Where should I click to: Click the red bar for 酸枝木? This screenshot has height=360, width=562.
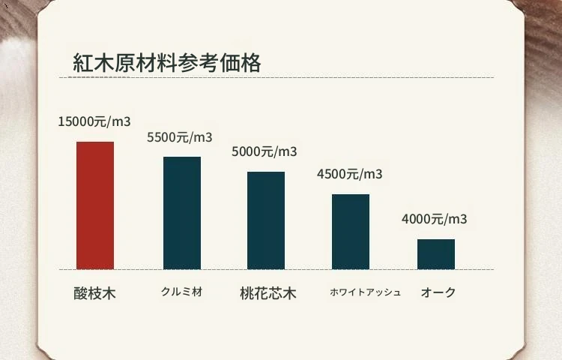pos(95,205)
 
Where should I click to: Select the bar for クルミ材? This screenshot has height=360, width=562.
pos(182,212)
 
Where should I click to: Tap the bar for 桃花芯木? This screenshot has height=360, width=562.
pos(266,220)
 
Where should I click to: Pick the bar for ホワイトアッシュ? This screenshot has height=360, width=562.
pos(351,231)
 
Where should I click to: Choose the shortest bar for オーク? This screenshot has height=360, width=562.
pos(436,253)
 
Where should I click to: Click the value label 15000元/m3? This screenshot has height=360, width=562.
pos(94,121)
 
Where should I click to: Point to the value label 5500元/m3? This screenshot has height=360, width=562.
pos(180,137)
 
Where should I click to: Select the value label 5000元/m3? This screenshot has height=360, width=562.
pos(265,152)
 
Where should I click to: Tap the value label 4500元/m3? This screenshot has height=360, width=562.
pos(349,175)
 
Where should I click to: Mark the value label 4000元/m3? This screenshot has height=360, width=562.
pos(435,220)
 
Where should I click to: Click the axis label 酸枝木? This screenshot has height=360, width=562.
pos(95,292)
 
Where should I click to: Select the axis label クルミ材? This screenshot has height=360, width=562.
pos(182,292)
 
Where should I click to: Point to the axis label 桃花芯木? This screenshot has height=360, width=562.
pos(268,292)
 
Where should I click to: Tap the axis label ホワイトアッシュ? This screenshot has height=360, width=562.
pos(366,292)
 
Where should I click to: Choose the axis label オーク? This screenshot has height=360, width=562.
pos(438,292)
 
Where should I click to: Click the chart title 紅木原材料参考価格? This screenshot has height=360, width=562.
pos(167,63)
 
